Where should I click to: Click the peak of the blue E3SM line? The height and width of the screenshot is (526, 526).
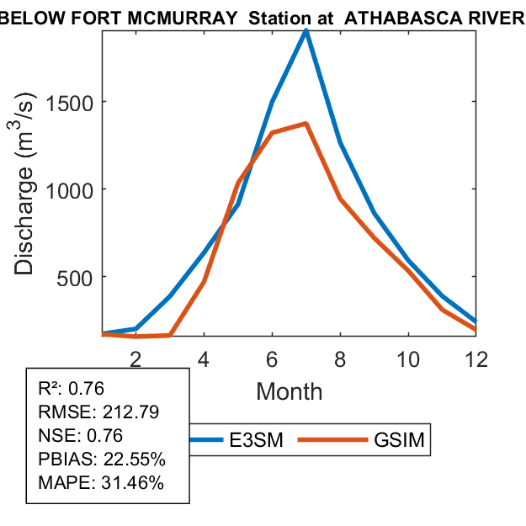point(306,31)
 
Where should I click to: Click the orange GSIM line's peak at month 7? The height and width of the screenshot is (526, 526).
point(306,124)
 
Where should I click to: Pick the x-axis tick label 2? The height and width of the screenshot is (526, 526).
point(135,358)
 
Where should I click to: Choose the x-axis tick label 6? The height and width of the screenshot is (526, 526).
point(272,358)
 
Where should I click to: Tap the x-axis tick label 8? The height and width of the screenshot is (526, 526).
point(340,358)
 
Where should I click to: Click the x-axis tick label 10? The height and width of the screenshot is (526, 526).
point(408,358)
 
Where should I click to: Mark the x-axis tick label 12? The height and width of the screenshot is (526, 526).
point(476,358)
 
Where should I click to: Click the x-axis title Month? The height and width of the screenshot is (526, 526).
point(289,391)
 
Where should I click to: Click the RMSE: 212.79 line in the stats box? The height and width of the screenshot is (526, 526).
point(98,412)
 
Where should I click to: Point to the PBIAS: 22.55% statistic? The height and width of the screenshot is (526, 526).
point(101,460)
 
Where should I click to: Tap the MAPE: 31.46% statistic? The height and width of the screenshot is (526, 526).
point(101,483)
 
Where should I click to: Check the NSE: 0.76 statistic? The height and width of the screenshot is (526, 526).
point(81,436)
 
